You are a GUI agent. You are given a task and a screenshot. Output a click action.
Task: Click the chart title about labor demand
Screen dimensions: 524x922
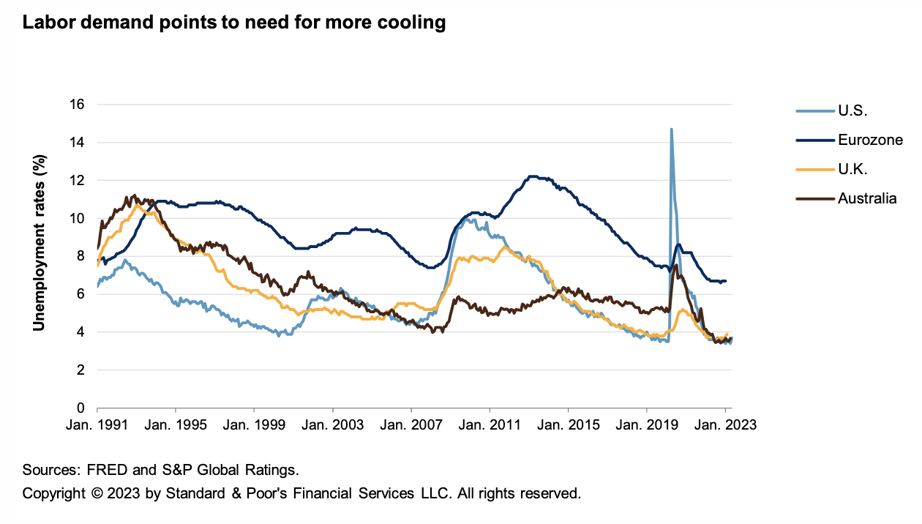(234, 23)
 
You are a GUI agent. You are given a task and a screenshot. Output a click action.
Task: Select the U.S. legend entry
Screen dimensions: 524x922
(852, 112)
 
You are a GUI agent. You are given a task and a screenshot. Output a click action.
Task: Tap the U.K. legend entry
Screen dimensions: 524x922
(853, 170)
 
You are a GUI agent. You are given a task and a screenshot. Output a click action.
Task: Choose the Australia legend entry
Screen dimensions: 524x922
(867, 198)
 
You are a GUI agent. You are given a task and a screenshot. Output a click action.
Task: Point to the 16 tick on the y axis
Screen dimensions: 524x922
(77, 105)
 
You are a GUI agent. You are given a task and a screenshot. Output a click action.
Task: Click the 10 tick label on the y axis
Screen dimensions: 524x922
(77, 218)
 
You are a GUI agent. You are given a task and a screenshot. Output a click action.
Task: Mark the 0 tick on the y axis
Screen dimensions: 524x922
(80, 408)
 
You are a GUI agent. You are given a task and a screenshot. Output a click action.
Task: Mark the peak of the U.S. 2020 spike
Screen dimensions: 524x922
(671, 130)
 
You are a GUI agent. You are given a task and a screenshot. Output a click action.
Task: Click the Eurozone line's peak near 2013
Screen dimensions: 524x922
(532, 176)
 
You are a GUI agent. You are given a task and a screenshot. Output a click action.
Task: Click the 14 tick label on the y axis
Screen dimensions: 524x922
(77, 143)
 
